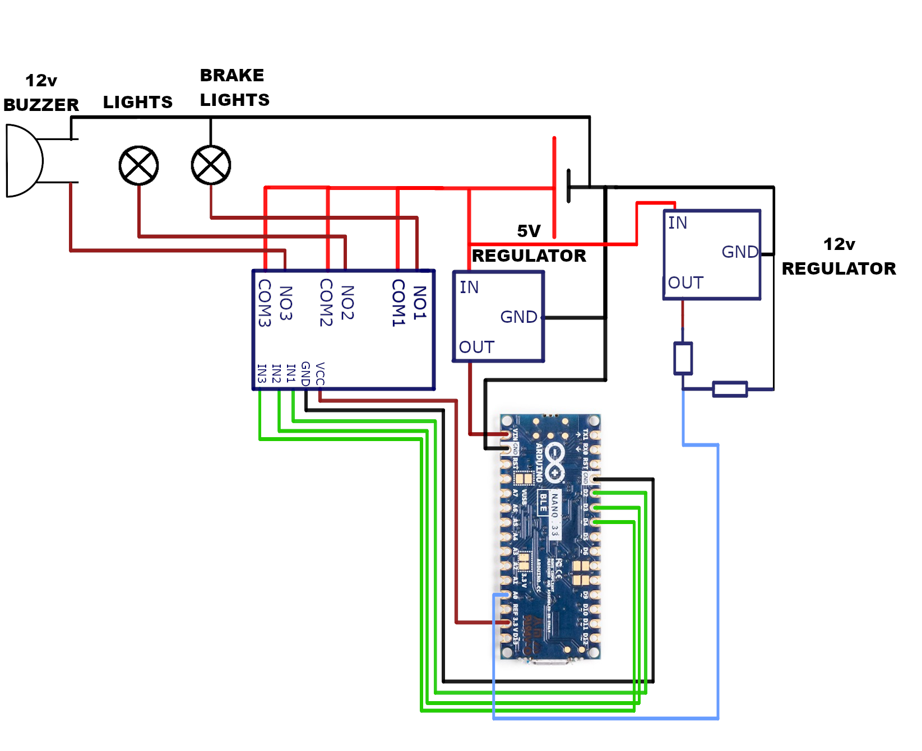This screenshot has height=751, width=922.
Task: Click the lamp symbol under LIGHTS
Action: [138, 165]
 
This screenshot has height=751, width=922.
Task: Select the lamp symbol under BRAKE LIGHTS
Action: [211, 165]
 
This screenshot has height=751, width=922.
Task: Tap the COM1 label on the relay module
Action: [398, 303]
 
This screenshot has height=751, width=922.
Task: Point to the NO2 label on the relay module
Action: [348, 303]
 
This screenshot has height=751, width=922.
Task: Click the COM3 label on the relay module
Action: [264, 303]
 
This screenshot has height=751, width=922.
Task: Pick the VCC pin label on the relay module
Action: [320, 374]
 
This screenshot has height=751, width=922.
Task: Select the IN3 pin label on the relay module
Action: [261, 373]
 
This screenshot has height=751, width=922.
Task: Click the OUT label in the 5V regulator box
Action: [476, 347]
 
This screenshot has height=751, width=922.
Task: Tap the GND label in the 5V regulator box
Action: [518, 317]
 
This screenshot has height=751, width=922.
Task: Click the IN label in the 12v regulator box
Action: [677, 223]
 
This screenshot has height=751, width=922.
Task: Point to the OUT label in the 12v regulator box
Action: [685, 283]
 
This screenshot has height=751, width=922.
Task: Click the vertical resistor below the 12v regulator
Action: [683, 358]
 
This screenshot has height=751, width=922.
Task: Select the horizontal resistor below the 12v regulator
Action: [730, 389]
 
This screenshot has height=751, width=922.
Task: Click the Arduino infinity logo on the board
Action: [554, 462]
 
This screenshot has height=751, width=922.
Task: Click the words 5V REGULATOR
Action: [529, 244]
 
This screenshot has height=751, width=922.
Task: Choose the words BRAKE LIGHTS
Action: [234, 88]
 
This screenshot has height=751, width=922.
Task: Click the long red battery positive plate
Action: [554, 187]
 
